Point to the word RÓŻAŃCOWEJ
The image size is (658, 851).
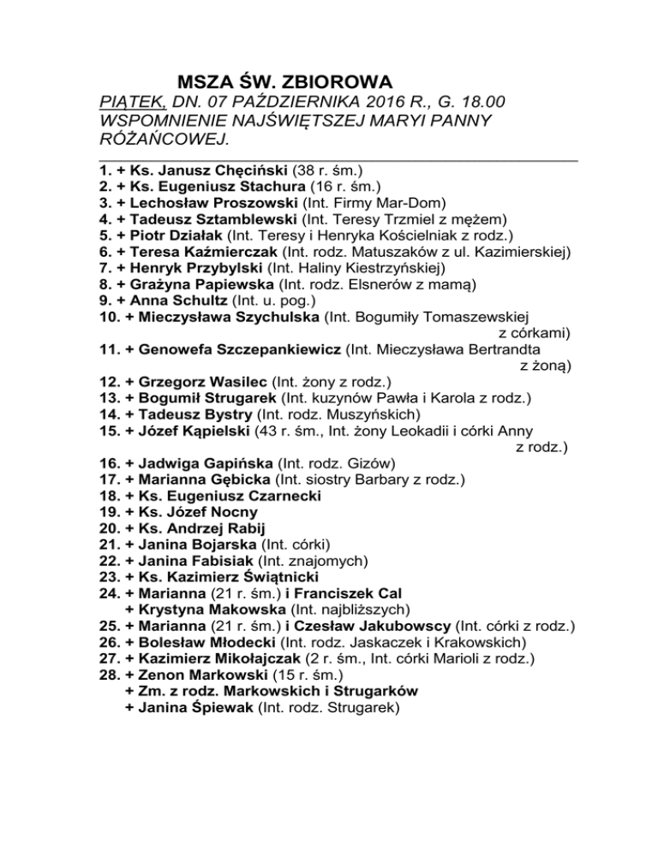(x=164, y=139)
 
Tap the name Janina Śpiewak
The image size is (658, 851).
(x=188, y=706)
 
